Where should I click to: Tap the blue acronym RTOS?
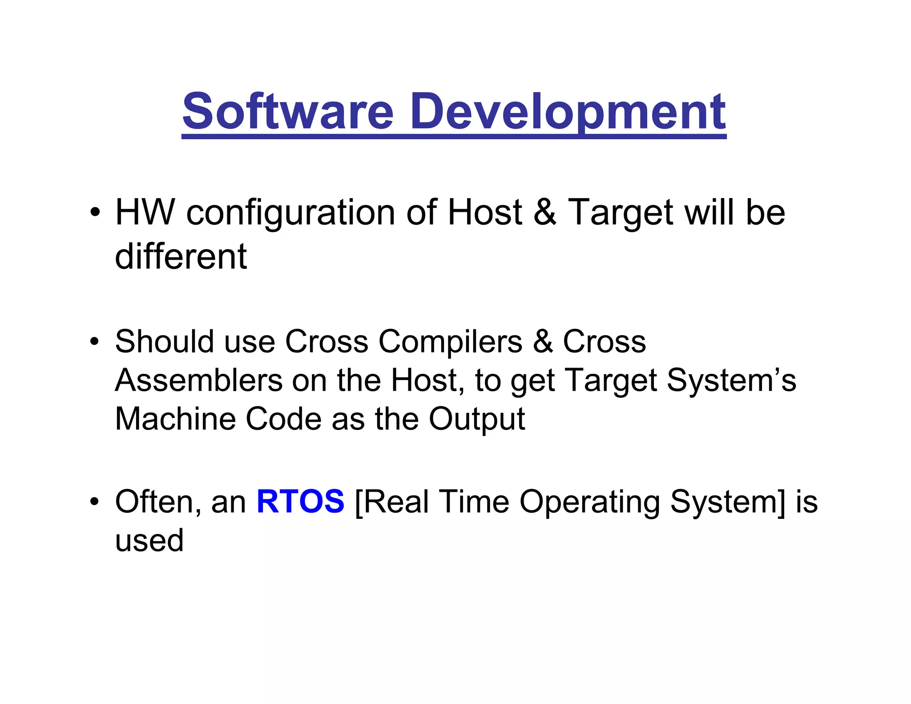point(300,502)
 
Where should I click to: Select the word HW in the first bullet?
point(145,212)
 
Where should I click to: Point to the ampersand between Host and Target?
point(544,212)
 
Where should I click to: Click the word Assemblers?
point(199,380)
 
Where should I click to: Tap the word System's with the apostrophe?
point(731,381)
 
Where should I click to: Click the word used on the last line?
point(149,540)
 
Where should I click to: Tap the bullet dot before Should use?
point(94,342)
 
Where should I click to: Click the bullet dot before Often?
point(94,502)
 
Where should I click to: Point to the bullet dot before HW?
point(94,212)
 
